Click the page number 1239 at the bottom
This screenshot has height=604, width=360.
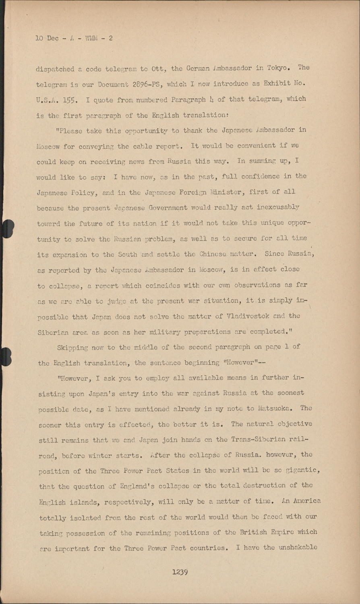click(180, 572)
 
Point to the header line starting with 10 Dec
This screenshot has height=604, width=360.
click(74, 38)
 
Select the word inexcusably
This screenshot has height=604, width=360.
click(275, 207)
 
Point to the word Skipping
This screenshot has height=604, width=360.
click(74, 347)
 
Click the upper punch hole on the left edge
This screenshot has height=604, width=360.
click(8, 228)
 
